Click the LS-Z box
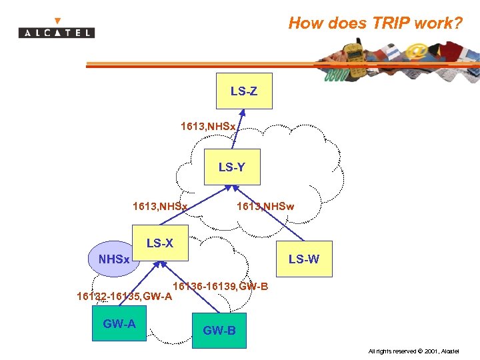pyautogui.click(x=245, y=91)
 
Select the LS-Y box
pyautogui.click(x=231, y=167)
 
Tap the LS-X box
pyautogui.click(x=160, y=243)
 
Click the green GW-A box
pyautogui.click(x=119, y=324)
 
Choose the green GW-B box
pyautogui.click(x=219, y=330)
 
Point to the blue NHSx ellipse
pyautogui.click(x=113, y=259)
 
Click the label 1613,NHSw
pyautogui.click(x=265, y=207)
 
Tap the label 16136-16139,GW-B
pyautogui.click(x=221, y=287)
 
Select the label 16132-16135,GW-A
pyautogui.click(x=124, y=295)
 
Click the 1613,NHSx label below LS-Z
pyautogui.click(x=207, y=125)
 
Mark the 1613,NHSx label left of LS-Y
pyautogui.click(x=160, y=207)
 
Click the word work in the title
pyautogui.click(x=437, y=24)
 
